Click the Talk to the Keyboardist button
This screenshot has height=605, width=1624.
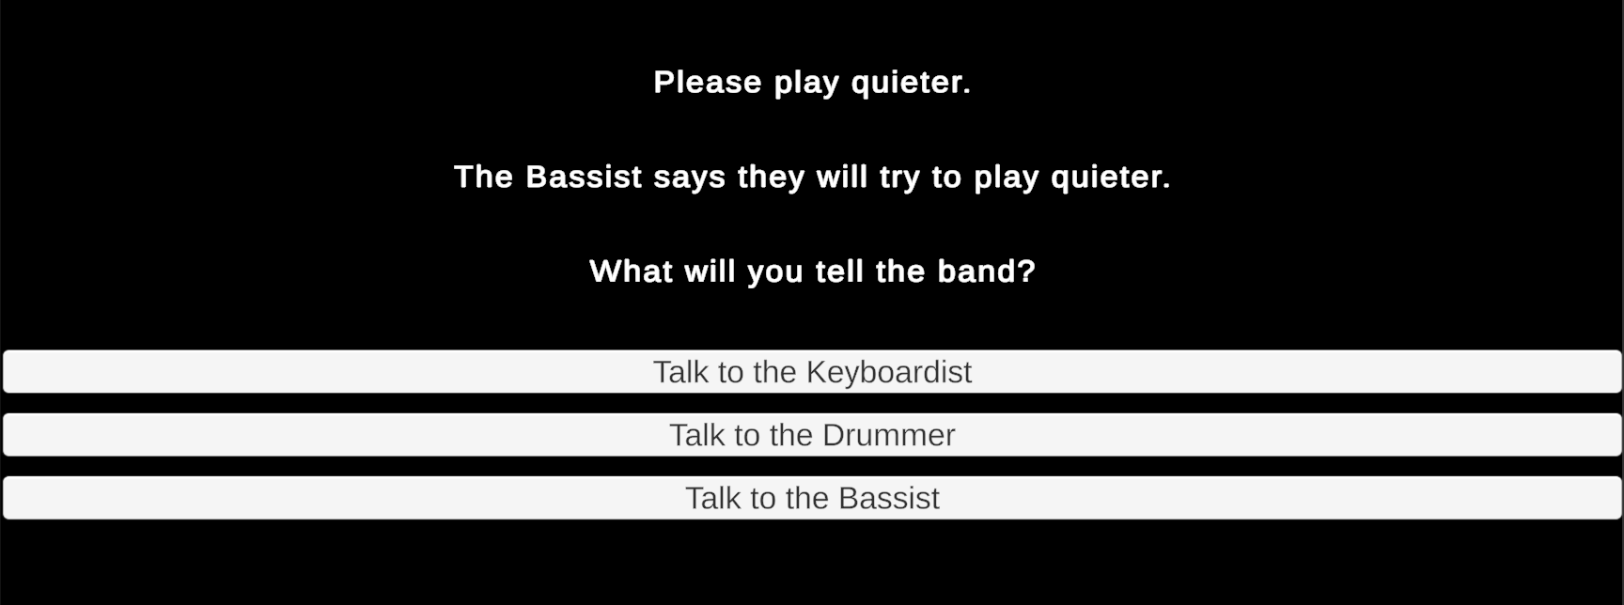[x=812, y=372]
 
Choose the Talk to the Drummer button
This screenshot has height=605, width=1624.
[x=812, y=435]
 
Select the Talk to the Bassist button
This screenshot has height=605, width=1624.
[x=812, y=498]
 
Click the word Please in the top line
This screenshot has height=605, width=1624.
[x=708, y=83]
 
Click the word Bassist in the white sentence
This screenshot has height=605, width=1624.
[x=584, y=177]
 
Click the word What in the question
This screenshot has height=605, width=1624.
[x=631, y=271]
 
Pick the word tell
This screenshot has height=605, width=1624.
[x=839, y=271]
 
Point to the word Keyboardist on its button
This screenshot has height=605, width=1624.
[x=889, y=373]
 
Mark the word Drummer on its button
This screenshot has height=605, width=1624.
[x=888, y=435]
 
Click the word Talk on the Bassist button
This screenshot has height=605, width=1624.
[x=711, y=498]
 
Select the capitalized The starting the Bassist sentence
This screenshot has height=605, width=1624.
[x=484, y=177]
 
